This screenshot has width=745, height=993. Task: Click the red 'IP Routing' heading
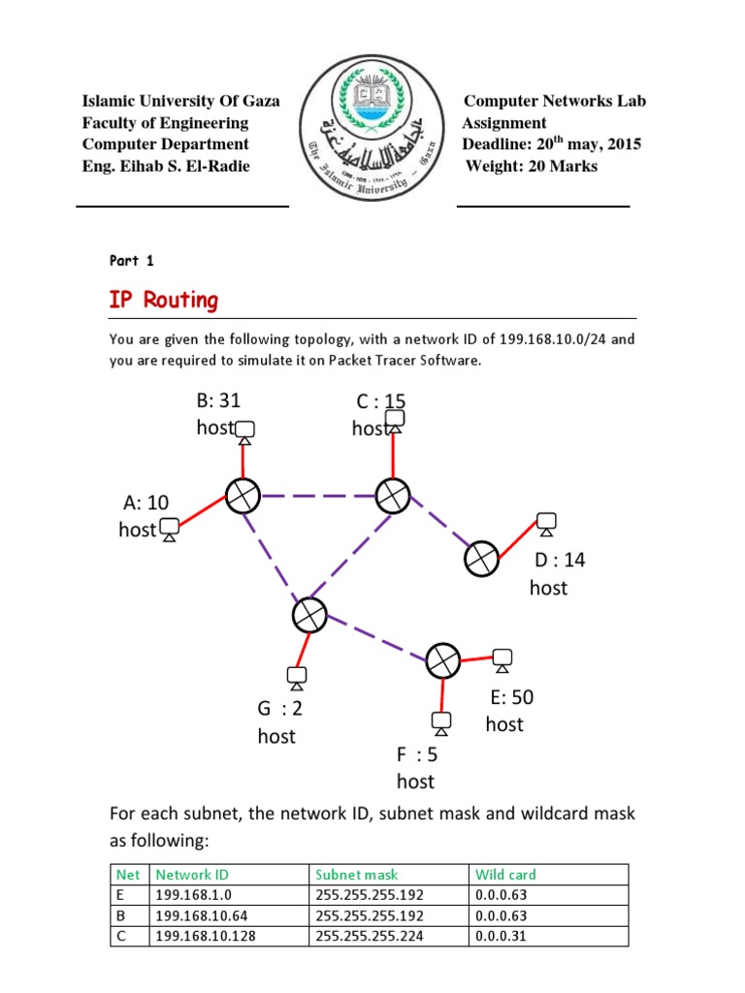click(164, 300)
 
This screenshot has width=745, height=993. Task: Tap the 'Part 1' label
click(131, 260)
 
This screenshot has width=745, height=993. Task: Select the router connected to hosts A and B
click(243, 496)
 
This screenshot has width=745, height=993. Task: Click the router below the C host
click(393, 496)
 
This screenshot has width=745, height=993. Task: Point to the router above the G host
click(308, 614)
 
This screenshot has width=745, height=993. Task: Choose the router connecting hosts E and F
click(443, 660)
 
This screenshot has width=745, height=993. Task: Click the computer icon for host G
click(296, 676)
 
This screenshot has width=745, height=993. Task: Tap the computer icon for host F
click(441, 722)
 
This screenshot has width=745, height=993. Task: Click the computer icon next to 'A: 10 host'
click(170, 529)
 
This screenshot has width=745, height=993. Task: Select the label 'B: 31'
click(217, 400)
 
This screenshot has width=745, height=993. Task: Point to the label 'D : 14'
click(560, 561)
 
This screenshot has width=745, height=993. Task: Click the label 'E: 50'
click(512, 697)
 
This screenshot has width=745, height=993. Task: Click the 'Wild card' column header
click(505, 874)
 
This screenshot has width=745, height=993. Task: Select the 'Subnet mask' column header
click(357, 874)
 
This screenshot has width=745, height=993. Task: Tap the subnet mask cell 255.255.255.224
click(370, 936)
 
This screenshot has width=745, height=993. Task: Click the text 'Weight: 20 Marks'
click(532, 166)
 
